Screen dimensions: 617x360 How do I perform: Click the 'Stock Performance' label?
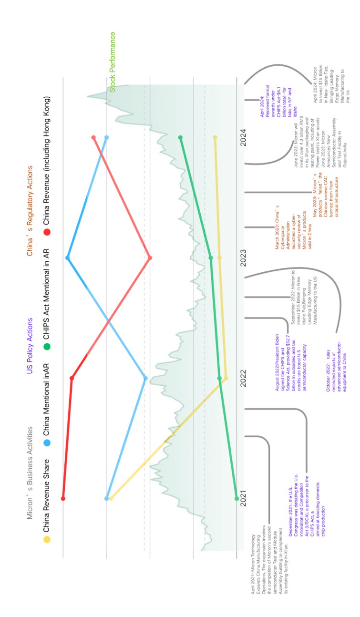pos(113,62)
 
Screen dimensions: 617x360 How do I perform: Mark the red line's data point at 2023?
pos(150,258)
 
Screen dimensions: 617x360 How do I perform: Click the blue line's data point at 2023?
pos(67,258)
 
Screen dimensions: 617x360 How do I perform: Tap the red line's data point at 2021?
pos(63,499)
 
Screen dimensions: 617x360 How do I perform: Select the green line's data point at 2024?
pos(180,137)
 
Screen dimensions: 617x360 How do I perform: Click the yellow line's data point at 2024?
pos(215,137)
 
